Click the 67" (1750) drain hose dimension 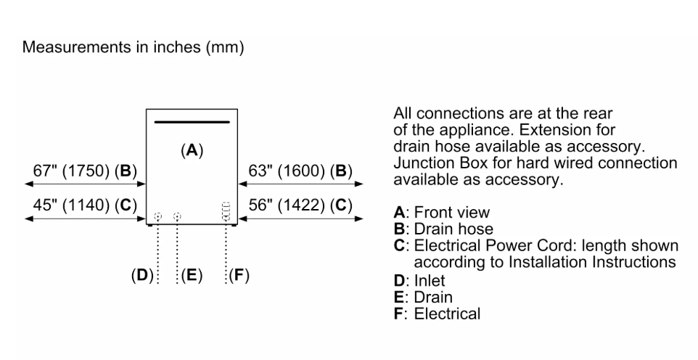point(85,171)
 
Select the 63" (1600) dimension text point(300,171)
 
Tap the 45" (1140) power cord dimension point(85,205)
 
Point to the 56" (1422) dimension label point(300,205)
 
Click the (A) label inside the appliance point(192,150)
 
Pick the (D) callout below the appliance point(142,275)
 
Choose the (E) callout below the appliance point(192,275)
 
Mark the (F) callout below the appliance point(239,275)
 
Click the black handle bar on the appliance point(192,122)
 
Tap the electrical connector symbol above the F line point(226,211)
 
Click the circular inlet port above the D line point(157,217)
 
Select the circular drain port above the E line point(177,217)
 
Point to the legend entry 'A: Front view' point(442,213)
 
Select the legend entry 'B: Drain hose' point(443,229)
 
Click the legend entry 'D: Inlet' point(419,281)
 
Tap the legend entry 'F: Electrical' point(437,314)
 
